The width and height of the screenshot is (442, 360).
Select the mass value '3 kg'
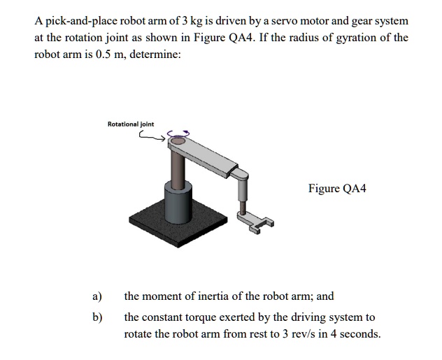click(191, 21)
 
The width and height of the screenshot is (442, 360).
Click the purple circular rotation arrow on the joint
click(180, 134)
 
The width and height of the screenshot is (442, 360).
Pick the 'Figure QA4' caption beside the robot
click(336, 189)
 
